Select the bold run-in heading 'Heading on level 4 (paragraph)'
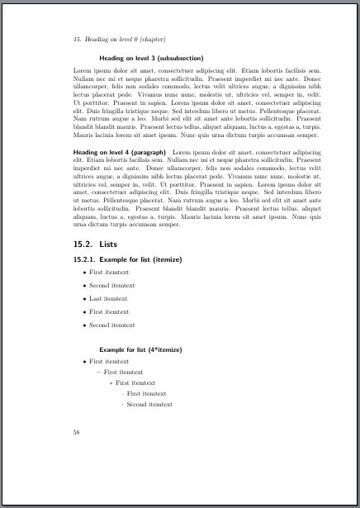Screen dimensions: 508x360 120,153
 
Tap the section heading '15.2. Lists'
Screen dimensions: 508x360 97,244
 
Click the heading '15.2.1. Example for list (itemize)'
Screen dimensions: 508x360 127,259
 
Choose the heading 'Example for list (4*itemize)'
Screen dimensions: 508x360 140,350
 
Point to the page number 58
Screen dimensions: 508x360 76,432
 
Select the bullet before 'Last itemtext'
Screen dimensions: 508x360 84,299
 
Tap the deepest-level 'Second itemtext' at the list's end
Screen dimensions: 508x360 149,405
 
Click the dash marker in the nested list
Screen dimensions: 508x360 97,373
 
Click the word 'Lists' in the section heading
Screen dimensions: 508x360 108,244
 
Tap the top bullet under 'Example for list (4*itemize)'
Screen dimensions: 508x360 84,363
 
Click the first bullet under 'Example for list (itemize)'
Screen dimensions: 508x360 84,272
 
